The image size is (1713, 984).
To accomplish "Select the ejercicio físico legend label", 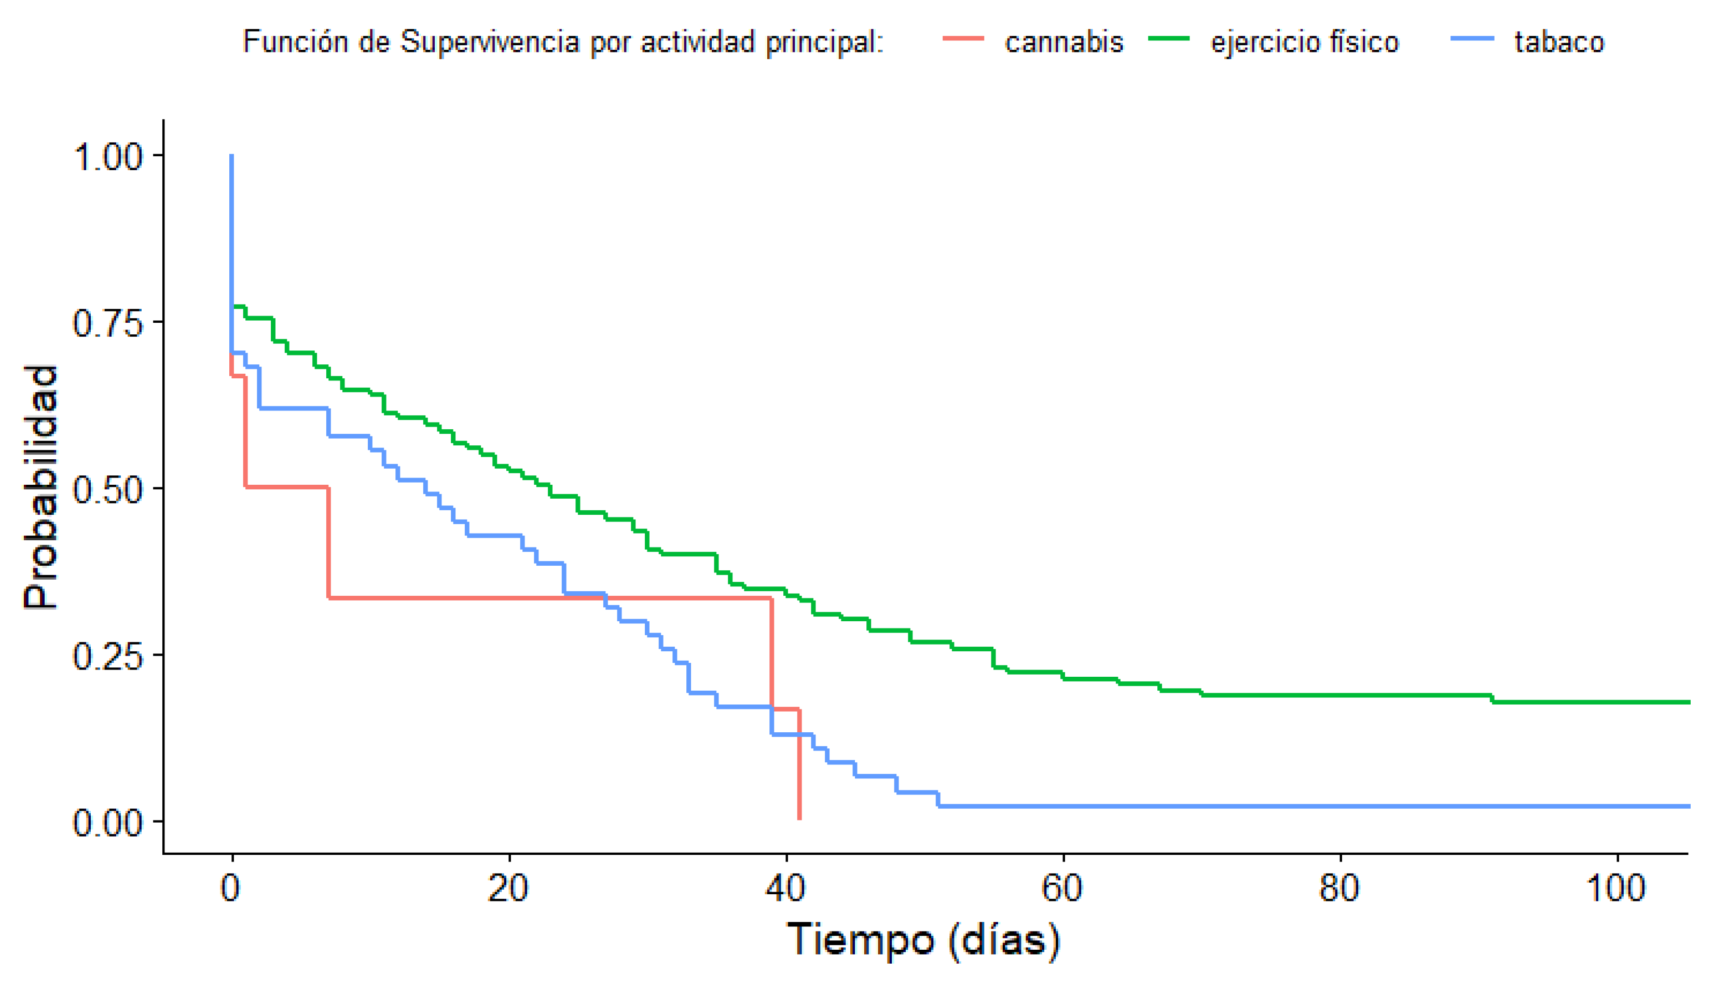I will pos(1304,42).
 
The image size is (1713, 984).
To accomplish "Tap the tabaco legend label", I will pos(1559,42).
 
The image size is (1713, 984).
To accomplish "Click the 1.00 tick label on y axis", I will pos(108,157).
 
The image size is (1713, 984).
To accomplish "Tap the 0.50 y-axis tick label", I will pos(108,489).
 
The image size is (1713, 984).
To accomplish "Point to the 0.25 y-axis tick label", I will pos(108,655).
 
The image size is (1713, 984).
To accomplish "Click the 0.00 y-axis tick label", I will pos(108,823).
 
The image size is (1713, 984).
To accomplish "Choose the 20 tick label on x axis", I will pos(508,888).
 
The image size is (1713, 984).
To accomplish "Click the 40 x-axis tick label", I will pos(785,888).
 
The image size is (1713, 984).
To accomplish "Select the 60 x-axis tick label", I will pos(1062,888).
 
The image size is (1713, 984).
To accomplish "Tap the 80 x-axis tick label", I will pos(1339,888).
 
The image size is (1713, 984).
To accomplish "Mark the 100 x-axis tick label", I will pos(1616,888).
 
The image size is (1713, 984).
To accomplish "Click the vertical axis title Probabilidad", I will pos(40,487).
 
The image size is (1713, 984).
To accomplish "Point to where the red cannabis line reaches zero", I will pos(800,819).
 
